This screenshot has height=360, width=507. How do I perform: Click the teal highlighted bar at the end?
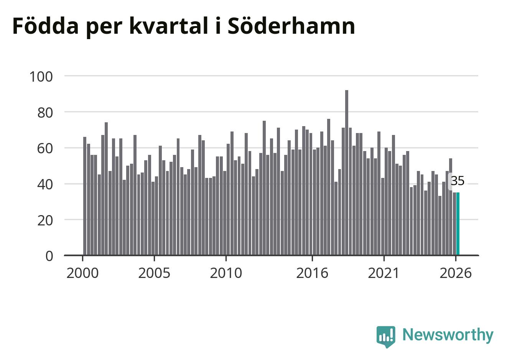click(x=458, y=224)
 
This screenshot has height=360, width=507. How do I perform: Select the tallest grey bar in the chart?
click(x=347, y=173)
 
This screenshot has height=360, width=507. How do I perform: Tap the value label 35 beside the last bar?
click(x=458, y=181)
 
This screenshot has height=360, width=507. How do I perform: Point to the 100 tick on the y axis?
click(x=41, y=77)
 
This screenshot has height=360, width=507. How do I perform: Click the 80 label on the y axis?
click(x=45, y=113)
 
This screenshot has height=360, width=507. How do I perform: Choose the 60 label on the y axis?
click(x=45, y=149)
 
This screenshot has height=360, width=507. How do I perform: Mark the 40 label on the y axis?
click(x=45, y=185)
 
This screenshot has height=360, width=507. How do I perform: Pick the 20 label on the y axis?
click(x=45, y=220)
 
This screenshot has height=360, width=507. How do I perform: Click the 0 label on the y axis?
click(x=49, y=256)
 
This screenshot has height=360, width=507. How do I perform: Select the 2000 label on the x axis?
click(x=82, y=273)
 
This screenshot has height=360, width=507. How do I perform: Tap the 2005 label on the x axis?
click(x=154, y=273)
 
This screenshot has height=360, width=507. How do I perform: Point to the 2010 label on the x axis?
click(x=226, y=273)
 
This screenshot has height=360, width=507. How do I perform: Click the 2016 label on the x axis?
click(x=312, y=273)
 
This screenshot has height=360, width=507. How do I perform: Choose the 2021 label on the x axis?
click(x=384, y=273)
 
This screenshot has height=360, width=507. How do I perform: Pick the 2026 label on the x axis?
click(x=456, y=273)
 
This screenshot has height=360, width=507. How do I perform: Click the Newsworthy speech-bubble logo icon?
click(x=386, y=337)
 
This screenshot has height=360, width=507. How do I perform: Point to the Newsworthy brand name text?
click(x=448, y=335)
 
